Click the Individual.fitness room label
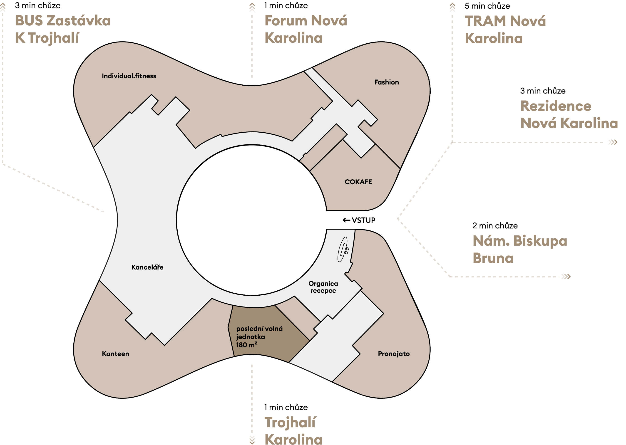click(129, 76)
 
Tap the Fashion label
click(386, 82)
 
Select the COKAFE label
click(358, 182)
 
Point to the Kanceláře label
click(147, 267)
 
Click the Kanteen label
click(115, 354)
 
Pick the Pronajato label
click(394, 354)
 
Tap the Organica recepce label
click(323, 287)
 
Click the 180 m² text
click(246, 345)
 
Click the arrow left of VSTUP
click(346, 220)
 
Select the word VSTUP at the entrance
click(363, 220)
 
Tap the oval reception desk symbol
click(342, 249)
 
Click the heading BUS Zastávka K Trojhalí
click(63, 29)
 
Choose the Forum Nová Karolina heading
click(306, 29)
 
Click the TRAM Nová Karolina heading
click(505, 29)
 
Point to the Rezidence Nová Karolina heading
click(569, 114)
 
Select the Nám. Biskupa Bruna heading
click(520, 249)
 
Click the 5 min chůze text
click(487, 6)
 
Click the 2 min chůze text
click(495, 226)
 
